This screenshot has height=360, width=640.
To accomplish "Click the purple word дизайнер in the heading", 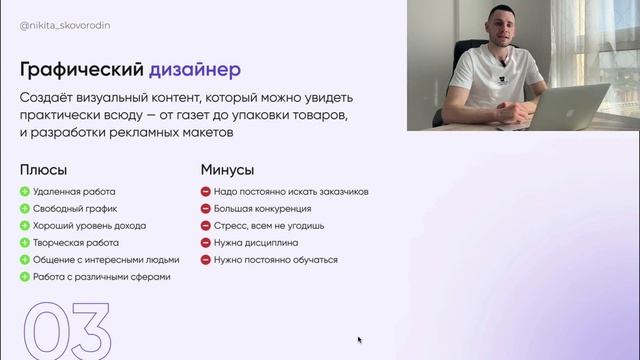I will click(x=195, y=70).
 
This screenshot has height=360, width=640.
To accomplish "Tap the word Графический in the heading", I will click(x=82, y=70).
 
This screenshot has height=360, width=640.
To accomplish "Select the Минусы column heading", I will click(x=227, y=170).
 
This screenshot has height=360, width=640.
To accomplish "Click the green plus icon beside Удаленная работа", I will click(x=25, y=192).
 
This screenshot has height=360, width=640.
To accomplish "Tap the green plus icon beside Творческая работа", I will click(x=25, y=243).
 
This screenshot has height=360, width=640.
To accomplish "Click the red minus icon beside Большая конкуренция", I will click(x=205, y=209).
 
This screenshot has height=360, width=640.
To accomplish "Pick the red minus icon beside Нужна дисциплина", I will click(x=205, y=243).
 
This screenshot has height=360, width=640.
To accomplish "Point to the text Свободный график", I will click(x=75, y=209).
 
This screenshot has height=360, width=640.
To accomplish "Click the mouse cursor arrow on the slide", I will click(x=360, y=340).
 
